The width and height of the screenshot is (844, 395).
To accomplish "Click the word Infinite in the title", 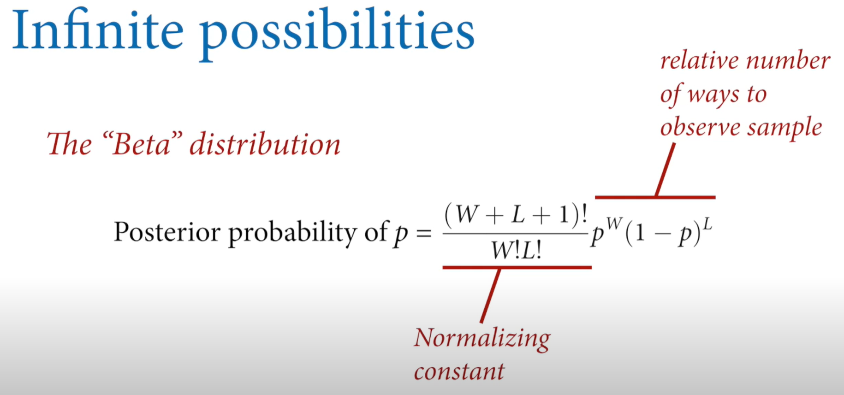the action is (x=98, y=30).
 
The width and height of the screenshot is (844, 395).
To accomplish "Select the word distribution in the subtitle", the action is (x=265, y=144).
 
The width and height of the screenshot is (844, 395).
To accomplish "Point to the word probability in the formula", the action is (x=293, y=233).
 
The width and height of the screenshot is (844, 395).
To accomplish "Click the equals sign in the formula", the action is (x=424, y=233).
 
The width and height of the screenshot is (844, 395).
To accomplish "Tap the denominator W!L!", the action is (x=516, y=251).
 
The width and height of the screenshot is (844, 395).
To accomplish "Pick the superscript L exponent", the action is (x=707, y=224).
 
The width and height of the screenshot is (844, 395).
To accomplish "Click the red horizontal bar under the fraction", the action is (x=517, y=267).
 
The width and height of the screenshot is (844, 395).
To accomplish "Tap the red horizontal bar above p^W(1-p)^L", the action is (x=655, y=197).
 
